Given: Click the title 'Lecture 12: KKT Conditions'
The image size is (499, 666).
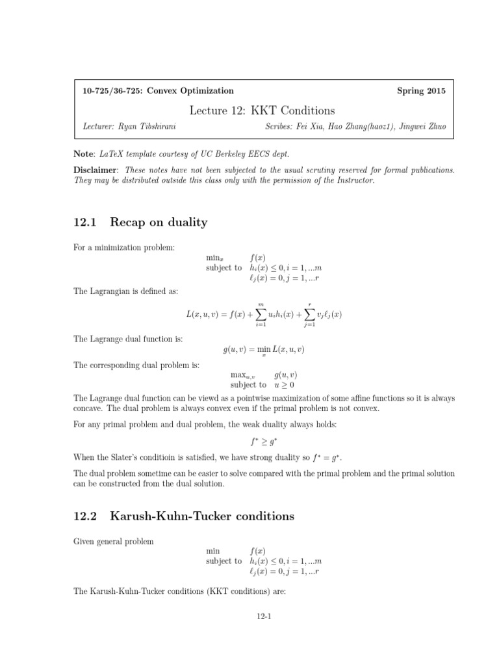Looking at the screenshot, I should pyautogui.click(x=262, y=111).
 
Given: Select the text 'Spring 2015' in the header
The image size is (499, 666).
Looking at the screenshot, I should pyautogui.click(x=421, y=91).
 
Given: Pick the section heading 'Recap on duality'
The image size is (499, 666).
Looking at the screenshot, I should pyautogui.click(x=159, y=222).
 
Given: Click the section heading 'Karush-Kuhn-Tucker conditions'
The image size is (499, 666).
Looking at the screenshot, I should pyautogui.click(x=202, y=516).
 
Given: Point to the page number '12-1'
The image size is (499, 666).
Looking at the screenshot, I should pyautogui.click(x=262, y=618).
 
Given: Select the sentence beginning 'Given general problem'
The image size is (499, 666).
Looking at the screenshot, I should pyautogui.click(x=114, y=541).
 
